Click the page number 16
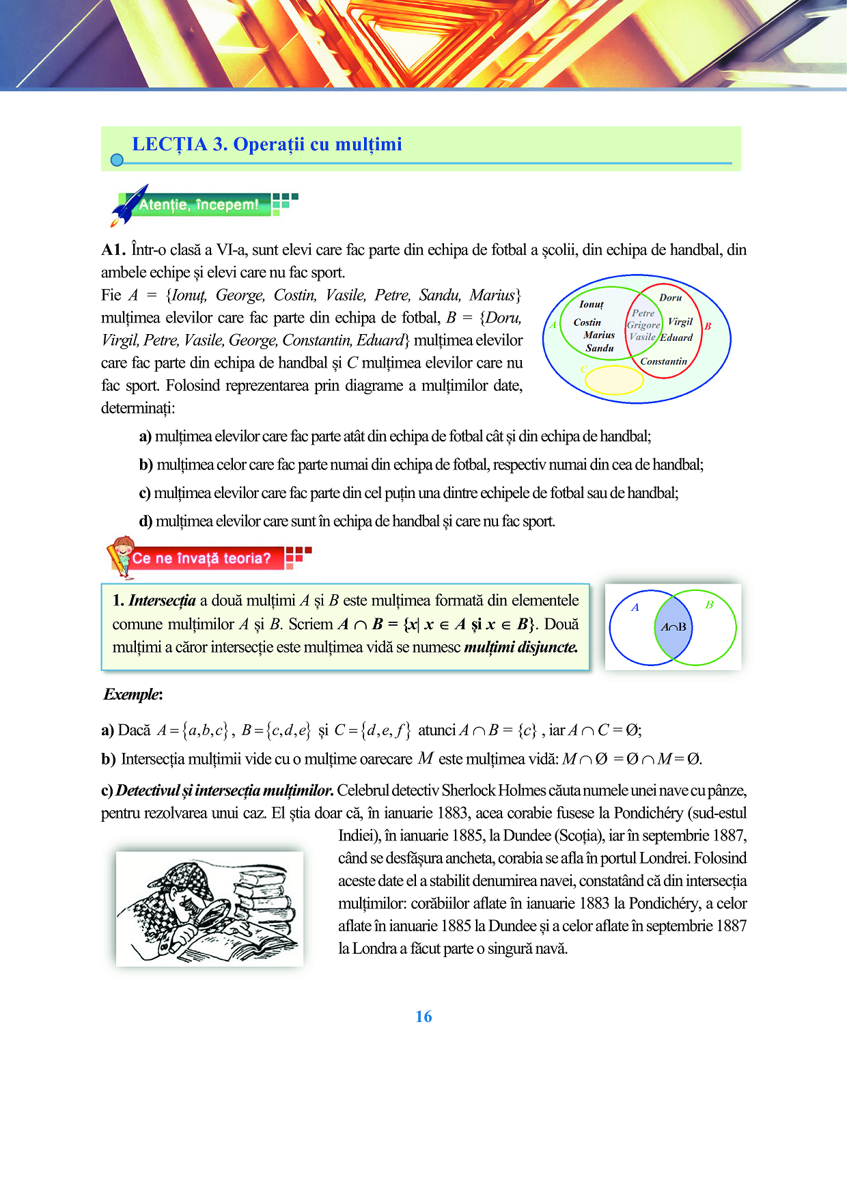pos(423,1017)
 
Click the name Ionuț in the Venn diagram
pos(592,305)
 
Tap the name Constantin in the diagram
pos(663,361)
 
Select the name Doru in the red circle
pos(670,298)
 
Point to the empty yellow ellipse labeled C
pos(614,380)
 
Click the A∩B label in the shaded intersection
pos(674,627)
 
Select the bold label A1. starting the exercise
pos(113,250)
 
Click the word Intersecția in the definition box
pos(162,601)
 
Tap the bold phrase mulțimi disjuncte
pos(520,647)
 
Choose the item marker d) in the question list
pos(145,522)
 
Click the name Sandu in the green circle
pos(600,348)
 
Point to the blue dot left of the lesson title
pos(117,160)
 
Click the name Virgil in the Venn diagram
pos(680,322)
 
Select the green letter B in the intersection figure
pos(709,605)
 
